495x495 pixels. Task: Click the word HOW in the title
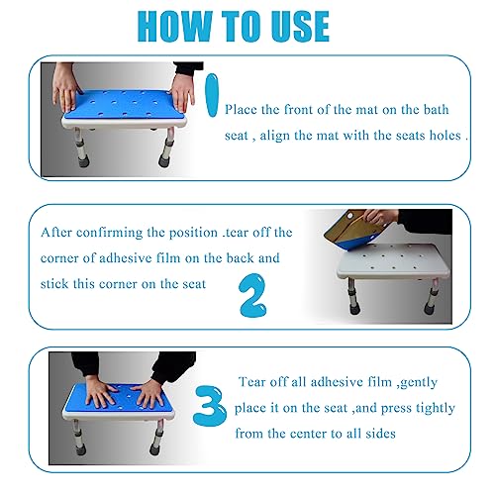(175, 26)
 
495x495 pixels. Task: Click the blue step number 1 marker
(212, 95)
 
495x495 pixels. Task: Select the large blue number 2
(252, 295)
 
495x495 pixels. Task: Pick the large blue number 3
(210, 406)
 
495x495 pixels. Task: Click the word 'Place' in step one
(241, 109)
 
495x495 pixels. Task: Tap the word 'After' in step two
(56, 233)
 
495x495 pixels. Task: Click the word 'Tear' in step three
(251, 382)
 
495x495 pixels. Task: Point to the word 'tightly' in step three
(436, 408)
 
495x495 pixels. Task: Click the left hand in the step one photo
(67, 88)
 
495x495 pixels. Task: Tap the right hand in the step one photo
(182, 92)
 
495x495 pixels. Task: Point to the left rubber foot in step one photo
(83, 161)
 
